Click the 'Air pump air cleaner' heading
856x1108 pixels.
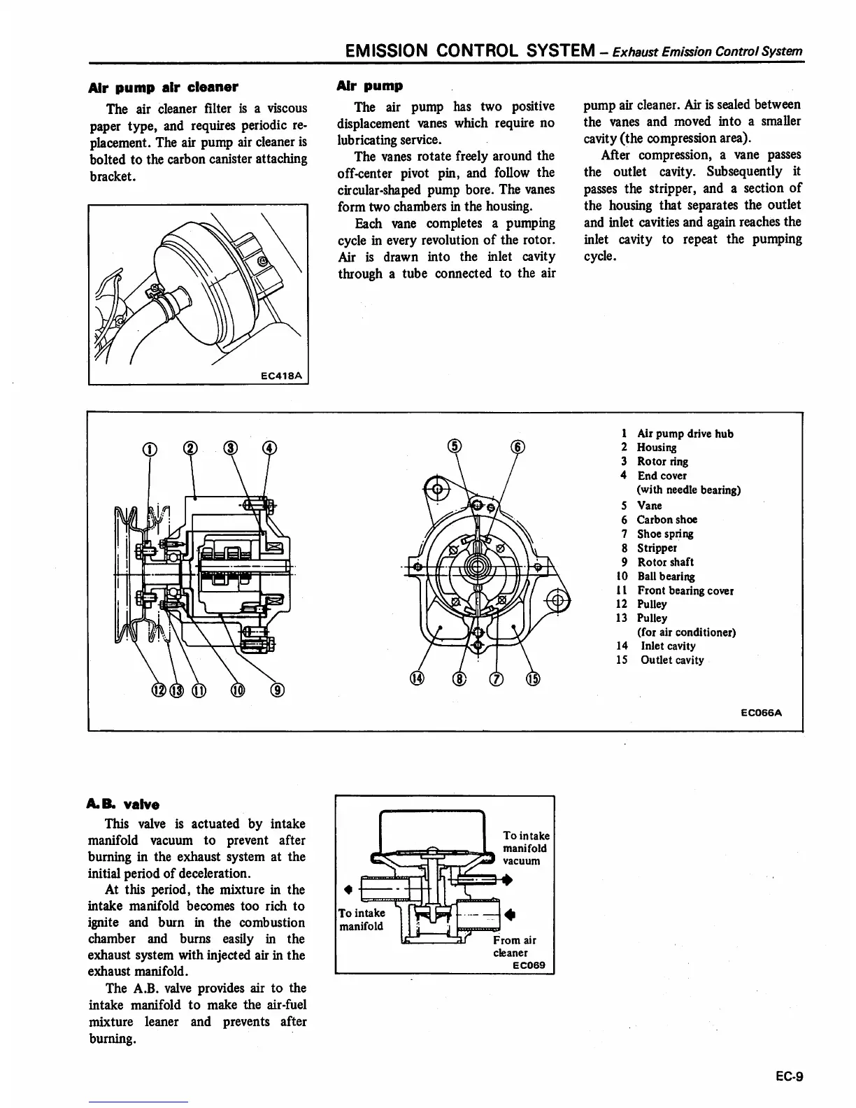[x=164, y=87]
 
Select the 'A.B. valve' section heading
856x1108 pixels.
[x=124, y=804]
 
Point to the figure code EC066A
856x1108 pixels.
[x=761, y=713]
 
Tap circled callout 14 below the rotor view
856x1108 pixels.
[x=417, y=677]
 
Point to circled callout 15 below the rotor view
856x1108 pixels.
[x=533, y=677]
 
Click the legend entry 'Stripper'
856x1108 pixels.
[x=657, y=548]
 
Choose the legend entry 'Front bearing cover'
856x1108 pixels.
[x=685, y=590]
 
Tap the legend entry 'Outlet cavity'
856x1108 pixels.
[x=671, y=660]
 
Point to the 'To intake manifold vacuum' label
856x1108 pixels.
[x=525, y=848]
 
